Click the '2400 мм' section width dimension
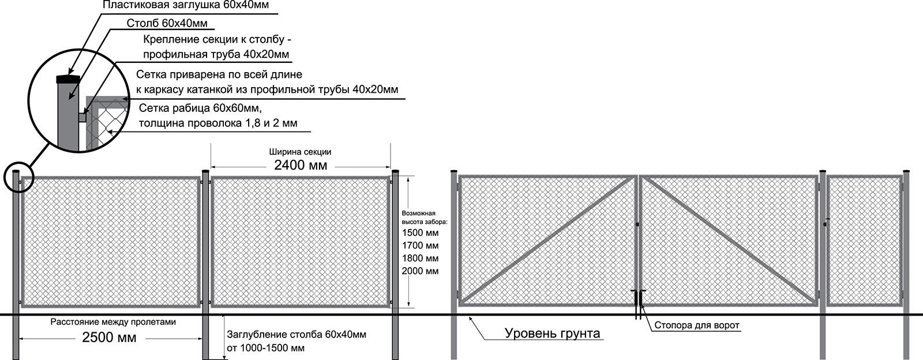[x=301, y=165]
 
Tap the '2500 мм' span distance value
[x=109, y=337]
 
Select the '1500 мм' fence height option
[x=420, y=232]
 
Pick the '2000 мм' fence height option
[x=420, y=271]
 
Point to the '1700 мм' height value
[x=420, y=246]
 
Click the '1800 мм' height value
[x=420, y=258]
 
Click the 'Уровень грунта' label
[x=552, y=333]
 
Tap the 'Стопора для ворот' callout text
[x=697, y=325]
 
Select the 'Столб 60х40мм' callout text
[x=167, y=23]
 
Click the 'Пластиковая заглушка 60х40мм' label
[x=185, y=5]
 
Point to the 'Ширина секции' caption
[x=300, y=152]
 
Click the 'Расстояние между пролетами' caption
[x=113, y=322]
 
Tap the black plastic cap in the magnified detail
[x=69, y=78]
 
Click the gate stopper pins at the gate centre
[x=638, y=305]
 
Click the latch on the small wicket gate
[x=826, y=223]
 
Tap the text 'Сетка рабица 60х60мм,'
[x=200, y=108]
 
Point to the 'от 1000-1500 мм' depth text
[x=266, y=348]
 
